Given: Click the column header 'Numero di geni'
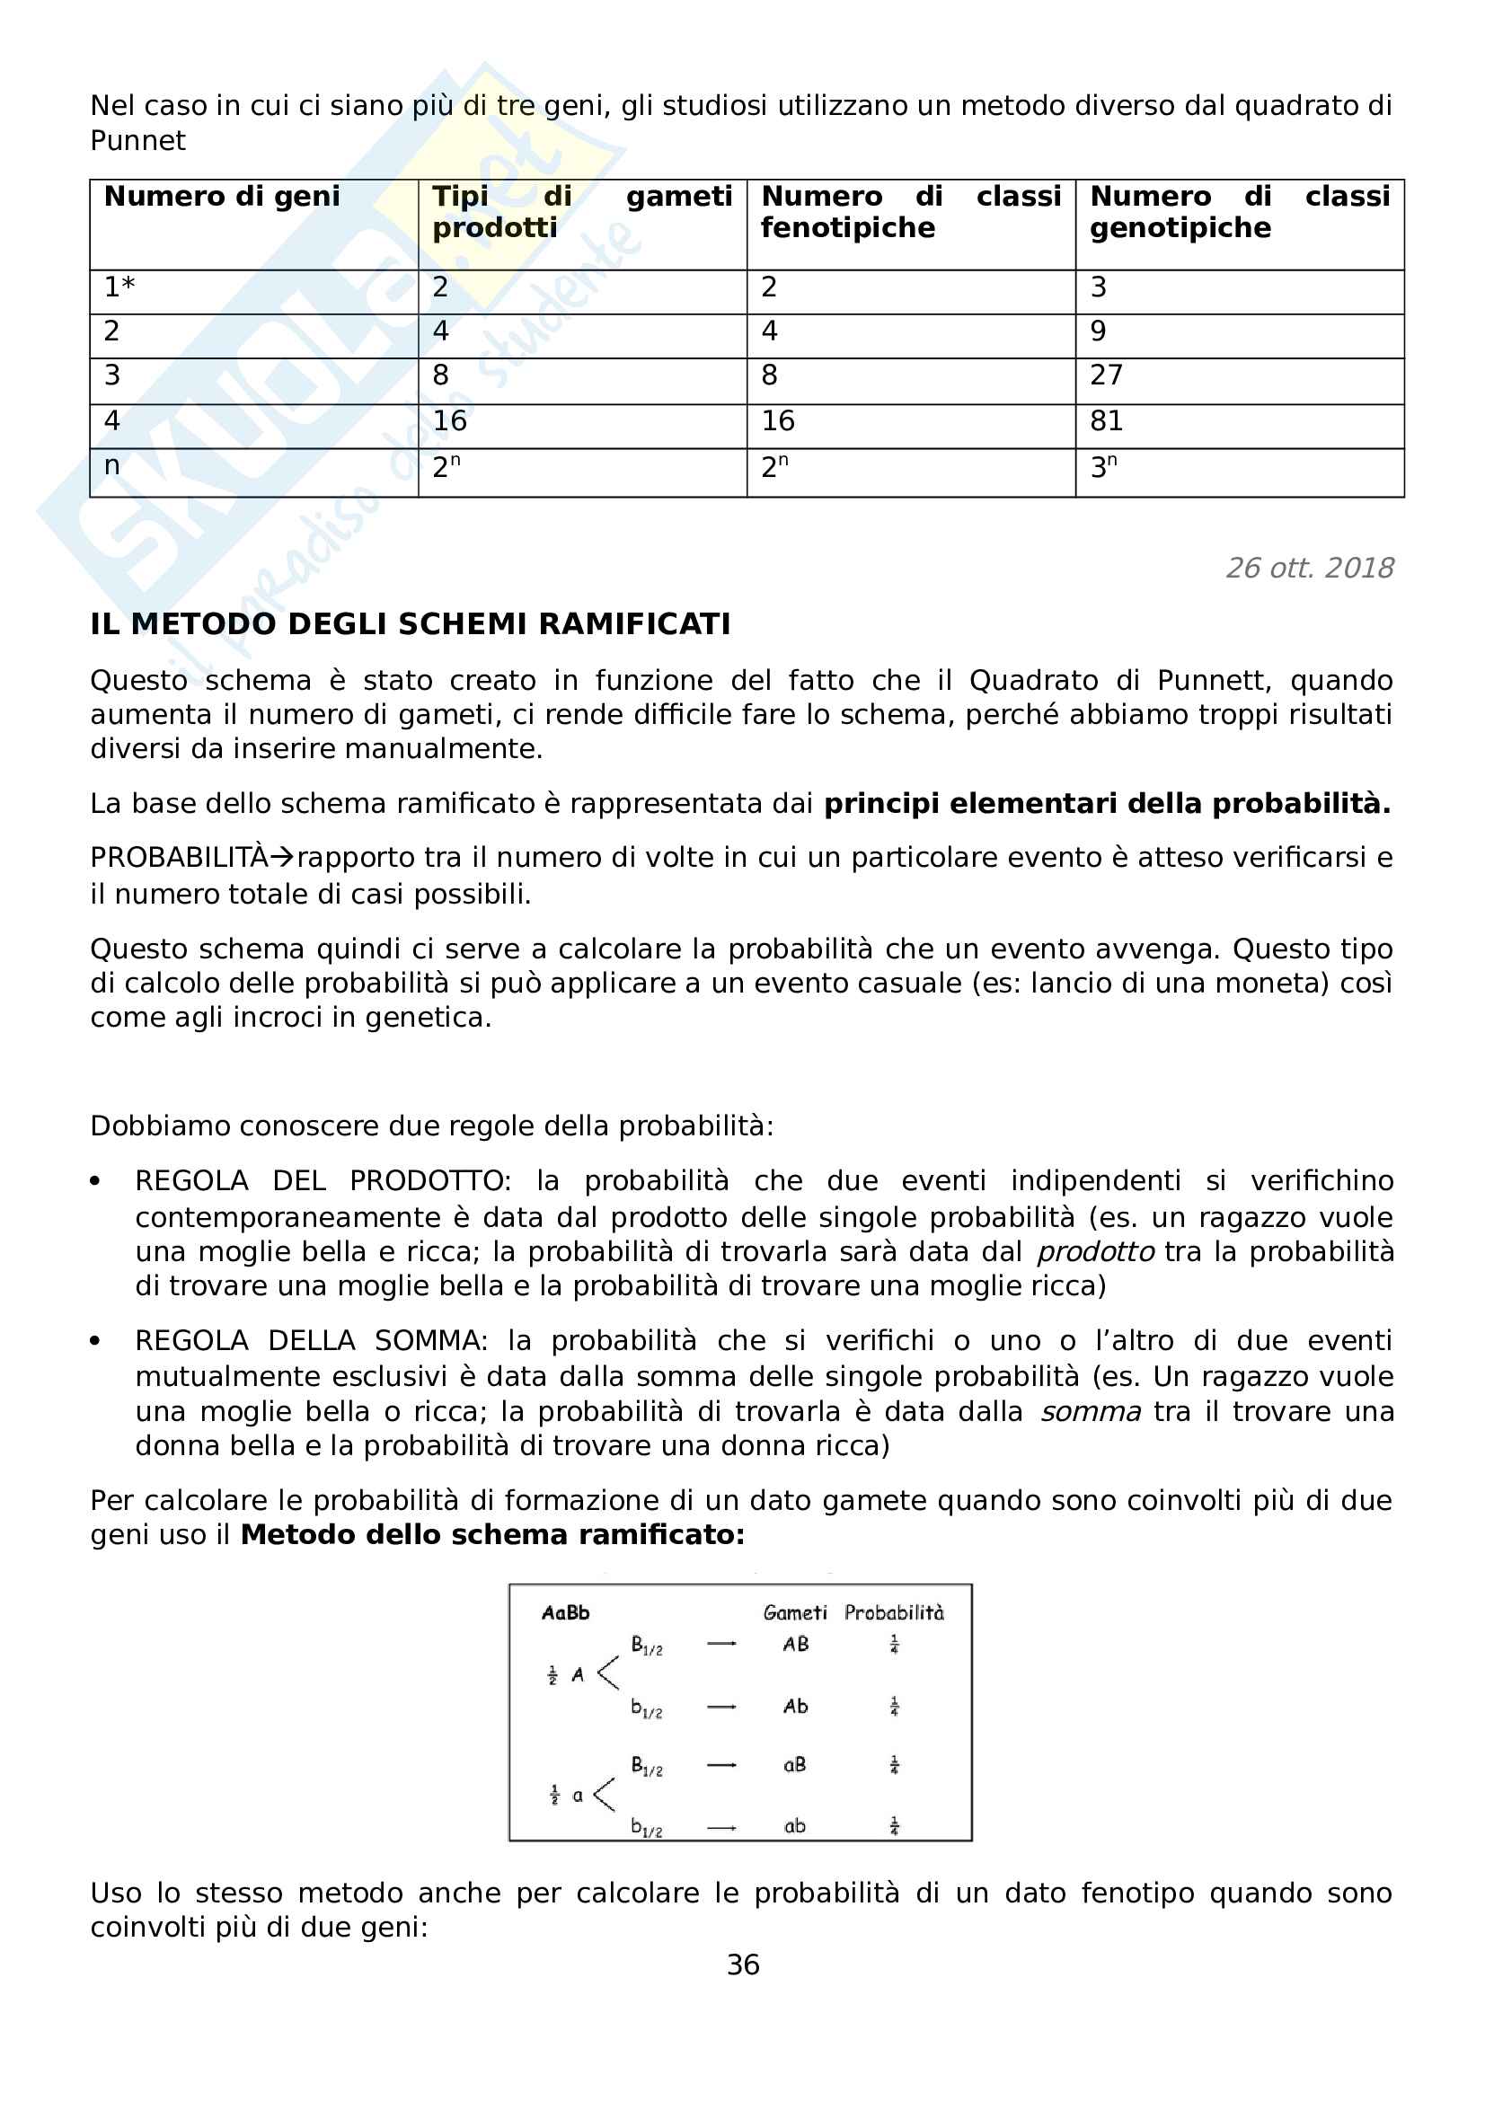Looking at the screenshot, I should (221, 197).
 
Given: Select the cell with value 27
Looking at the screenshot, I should (1106, 375).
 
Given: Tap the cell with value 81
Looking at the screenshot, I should (1106, 421).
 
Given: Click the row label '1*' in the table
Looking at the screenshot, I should (119, 287).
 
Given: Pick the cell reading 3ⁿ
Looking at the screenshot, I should (1102, 468).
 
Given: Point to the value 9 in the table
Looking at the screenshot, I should (1098, 331).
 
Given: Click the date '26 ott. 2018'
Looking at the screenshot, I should (1309, 569).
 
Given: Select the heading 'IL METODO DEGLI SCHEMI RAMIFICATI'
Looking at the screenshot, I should (410, 625).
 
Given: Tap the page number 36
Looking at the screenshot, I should (743, 1964).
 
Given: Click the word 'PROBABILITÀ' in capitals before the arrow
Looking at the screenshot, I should (179, 859).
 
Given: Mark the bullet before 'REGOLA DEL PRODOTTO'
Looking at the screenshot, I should (95, 1181).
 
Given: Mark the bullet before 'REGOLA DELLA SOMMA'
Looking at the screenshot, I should (95, 1341).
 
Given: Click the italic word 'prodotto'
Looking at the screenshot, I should (1095, 1252).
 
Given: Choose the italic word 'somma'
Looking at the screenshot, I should (1091, 1412).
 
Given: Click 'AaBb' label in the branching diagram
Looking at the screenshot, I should (565, 1613).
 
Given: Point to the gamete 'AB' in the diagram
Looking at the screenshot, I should (795, 1645).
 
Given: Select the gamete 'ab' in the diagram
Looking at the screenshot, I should (794, 1826).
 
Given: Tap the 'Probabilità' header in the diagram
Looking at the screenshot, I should (894, 1613).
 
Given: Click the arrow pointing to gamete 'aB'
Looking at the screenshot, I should (722, 1765).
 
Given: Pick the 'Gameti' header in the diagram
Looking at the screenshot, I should (795, 1613).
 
